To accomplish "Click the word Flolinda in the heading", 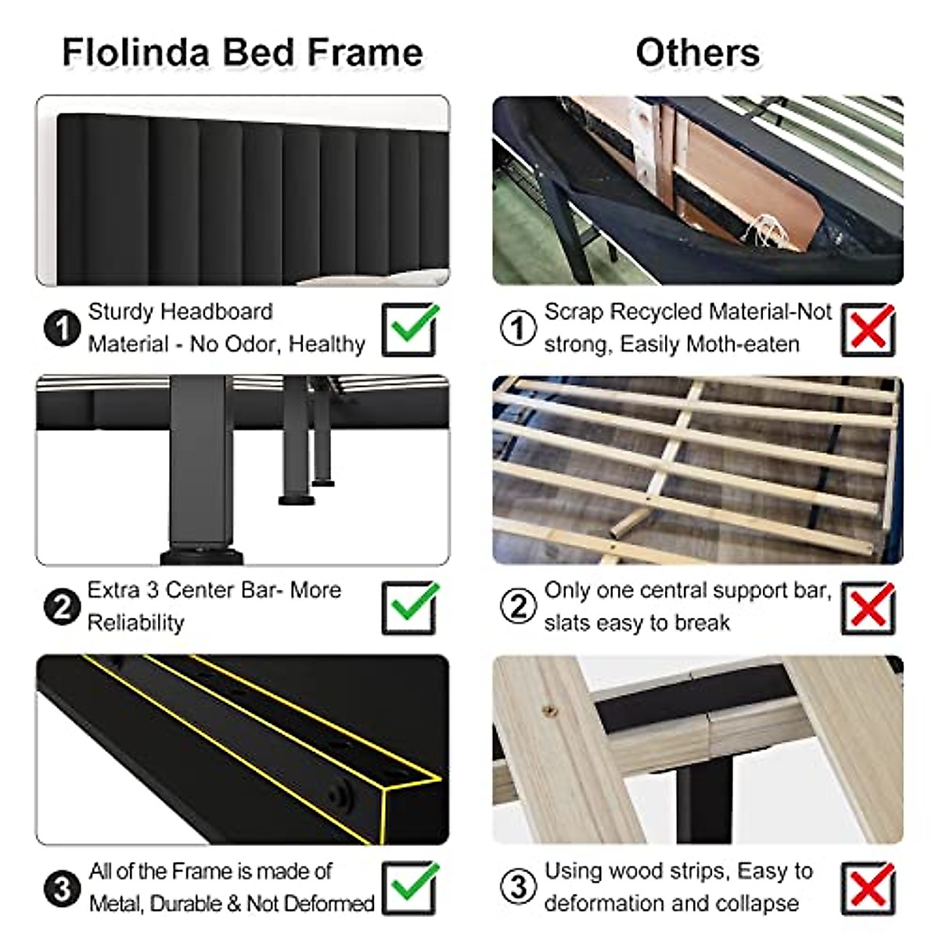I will [135, 53].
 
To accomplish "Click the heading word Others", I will [697, 53].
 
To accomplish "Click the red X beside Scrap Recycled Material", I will [869, 329].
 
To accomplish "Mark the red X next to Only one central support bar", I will [869, 607].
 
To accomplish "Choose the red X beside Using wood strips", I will [869, 887].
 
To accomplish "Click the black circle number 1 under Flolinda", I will [62, 328].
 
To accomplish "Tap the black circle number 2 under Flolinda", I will [62, 606].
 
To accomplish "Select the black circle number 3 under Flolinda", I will [62, 887].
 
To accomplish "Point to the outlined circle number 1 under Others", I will [518, 328].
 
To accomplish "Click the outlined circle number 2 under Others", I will [518, 606].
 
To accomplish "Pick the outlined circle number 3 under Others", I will [518, 887].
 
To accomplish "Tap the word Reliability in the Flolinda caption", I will [135, 623].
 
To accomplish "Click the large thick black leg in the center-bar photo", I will [200, 469].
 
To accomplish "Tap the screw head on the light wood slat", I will [550, 711].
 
